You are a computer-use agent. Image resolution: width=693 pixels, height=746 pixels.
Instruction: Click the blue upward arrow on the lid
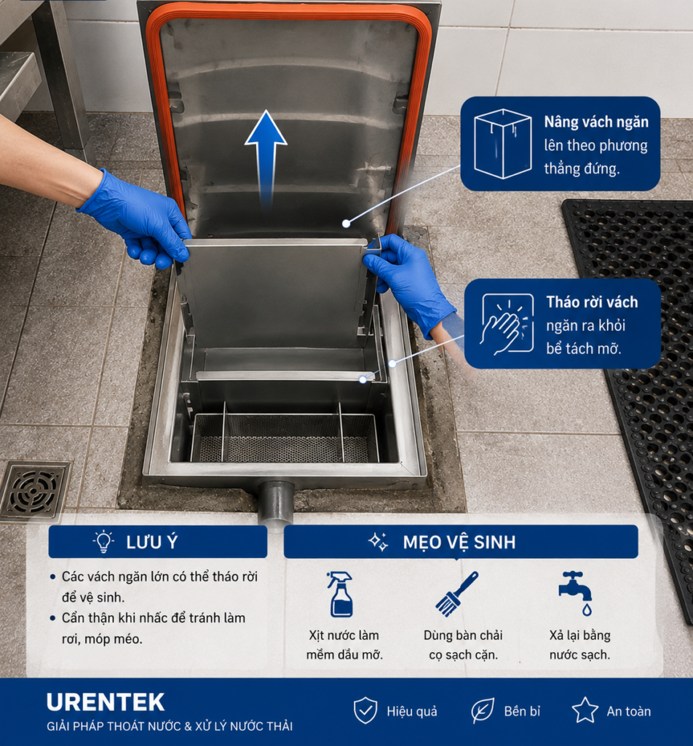point(266,157)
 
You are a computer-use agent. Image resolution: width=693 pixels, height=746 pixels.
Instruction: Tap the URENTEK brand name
point(106,703)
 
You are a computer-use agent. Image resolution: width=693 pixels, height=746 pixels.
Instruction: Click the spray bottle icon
point(341,594)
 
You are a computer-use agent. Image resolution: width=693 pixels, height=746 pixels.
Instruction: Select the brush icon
point(456,594)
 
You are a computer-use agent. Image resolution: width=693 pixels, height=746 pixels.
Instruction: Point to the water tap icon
point(576,593)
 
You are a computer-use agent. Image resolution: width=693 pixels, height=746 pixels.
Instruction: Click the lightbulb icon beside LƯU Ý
point(103,541)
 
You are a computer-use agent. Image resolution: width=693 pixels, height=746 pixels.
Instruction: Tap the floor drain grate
point(34,490)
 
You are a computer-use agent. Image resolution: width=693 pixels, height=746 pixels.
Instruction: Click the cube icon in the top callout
point(502,144)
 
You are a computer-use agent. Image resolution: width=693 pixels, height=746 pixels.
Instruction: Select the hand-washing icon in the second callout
point(507,323)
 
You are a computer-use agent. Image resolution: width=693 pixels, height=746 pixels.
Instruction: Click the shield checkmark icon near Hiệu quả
point(365,710)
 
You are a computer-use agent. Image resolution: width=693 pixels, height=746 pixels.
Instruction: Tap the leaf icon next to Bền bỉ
point(483,711)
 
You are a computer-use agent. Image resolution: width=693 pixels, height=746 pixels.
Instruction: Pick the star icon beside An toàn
point(585,710)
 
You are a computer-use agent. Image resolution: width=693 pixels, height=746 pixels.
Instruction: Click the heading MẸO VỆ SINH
point(459,542)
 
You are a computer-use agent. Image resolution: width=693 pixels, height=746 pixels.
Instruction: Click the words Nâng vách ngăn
point(596,122)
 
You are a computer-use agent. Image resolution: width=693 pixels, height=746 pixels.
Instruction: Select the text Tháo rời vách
point(592,302)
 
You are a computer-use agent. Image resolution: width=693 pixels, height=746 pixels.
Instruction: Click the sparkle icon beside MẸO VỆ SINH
point(379,541)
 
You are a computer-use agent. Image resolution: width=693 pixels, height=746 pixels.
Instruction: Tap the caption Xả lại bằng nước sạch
point(579,645)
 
